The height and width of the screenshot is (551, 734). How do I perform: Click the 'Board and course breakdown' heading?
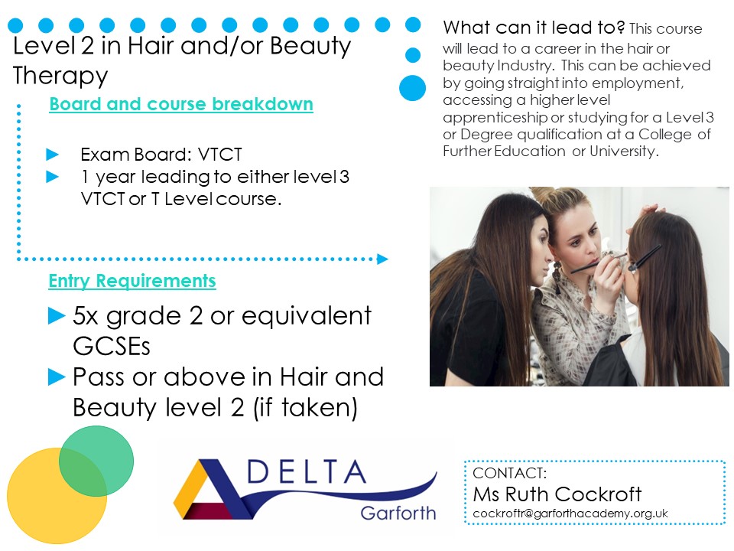[181, 104]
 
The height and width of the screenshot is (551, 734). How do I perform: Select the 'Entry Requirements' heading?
[132, 282]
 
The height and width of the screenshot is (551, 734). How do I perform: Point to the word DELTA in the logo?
[307, 473]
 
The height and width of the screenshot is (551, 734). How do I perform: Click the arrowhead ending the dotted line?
[383, 259]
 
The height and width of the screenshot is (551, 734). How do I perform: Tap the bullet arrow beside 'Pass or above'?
[57, 377]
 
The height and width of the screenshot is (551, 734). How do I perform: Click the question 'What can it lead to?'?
[534, 28]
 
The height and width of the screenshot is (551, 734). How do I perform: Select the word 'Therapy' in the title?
[60, 76]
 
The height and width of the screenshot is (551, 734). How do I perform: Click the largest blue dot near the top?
[413, 87]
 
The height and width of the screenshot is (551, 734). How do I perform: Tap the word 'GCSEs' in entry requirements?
[111, 346]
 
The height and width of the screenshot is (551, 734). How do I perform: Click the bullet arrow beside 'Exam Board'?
[53, 154]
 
